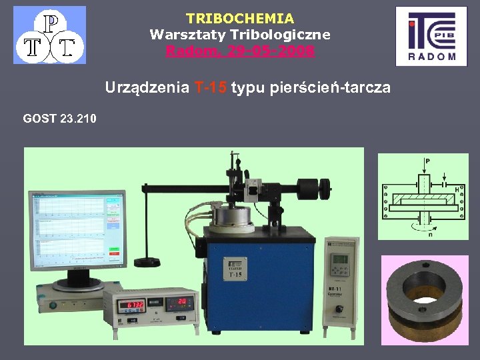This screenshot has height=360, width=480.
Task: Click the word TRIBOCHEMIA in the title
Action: [239, 19]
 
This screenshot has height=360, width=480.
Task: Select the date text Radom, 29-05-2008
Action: [239, 51]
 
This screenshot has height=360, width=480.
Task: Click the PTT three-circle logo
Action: [49, 35]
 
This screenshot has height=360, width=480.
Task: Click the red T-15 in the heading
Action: [211, 88]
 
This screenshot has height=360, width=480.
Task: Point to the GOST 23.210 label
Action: [59, 119]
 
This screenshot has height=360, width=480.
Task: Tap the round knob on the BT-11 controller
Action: [341, 309]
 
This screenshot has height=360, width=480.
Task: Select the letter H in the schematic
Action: [457, 190]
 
